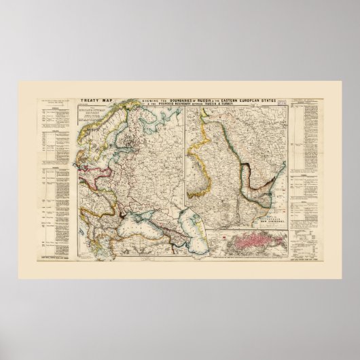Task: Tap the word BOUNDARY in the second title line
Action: (185, 103)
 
